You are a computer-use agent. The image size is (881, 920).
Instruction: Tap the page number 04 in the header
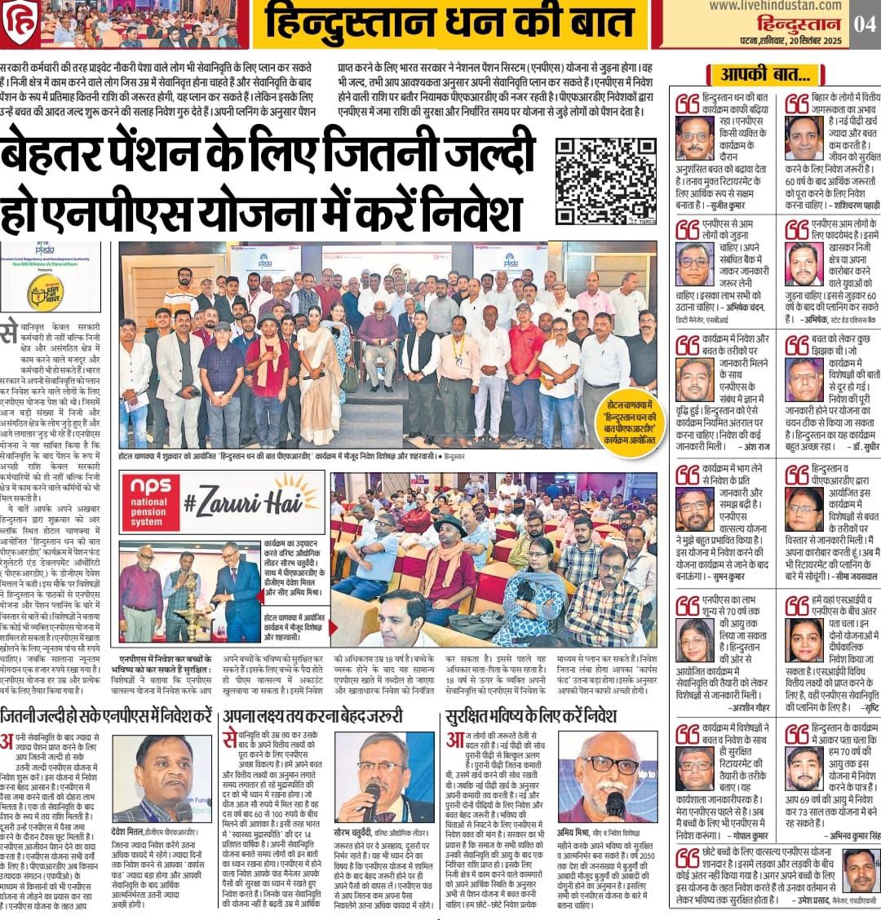coord(863,24)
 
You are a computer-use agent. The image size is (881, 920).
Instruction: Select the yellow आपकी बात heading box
coord(766,76)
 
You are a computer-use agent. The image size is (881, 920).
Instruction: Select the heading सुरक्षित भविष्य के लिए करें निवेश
coord(532,717)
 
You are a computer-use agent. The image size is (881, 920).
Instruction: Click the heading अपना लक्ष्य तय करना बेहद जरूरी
coord(313,717)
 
